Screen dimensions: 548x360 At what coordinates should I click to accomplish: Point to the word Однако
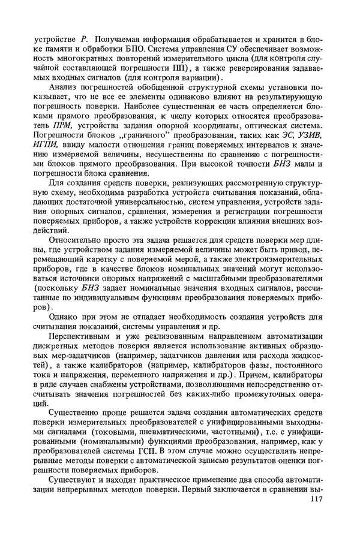62,317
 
